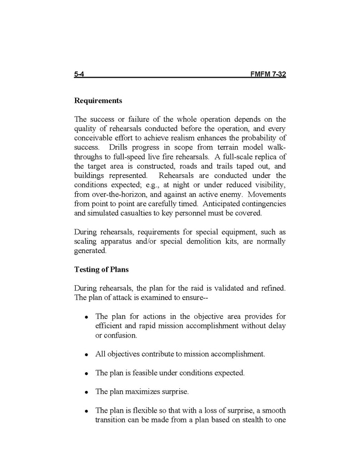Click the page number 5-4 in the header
[79, 75]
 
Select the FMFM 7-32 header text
[268, 75]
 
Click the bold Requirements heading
[98, 100]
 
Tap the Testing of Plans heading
[102, 270]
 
